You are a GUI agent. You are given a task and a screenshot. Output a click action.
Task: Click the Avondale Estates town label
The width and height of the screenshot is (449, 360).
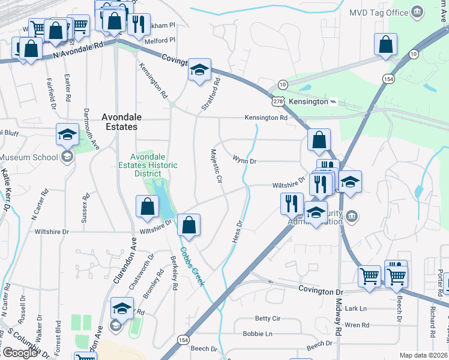(119, 122)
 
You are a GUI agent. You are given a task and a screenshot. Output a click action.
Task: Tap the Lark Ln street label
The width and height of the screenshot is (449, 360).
(355, 309)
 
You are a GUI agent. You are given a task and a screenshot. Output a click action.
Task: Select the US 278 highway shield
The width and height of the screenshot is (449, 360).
(278, 102)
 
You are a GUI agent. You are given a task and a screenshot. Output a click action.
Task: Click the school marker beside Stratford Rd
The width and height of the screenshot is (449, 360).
(198, 70)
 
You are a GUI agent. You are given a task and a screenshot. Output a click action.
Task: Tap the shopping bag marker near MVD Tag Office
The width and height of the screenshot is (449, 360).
(385, 44)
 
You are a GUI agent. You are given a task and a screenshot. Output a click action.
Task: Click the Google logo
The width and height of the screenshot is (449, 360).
(19, 353)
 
